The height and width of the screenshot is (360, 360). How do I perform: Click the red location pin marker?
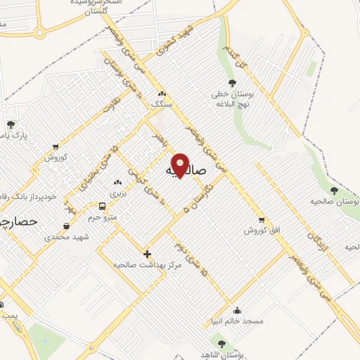180,165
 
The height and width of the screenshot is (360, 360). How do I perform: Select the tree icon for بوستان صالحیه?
334,191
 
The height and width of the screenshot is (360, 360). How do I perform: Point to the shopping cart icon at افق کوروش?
262,219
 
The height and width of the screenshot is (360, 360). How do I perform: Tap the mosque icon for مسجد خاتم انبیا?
238,310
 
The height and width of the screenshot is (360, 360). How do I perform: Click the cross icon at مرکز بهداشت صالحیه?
147,253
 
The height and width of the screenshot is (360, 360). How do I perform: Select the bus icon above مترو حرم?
103,207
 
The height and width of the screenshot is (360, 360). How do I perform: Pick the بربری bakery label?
117,192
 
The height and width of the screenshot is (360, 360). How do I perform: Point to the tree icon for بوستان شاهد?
221,344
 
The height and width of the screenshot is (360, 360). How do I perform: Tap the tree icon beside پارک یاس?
10,124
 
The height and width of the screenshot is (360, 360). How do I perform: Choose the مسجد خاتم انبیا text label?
241,321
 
